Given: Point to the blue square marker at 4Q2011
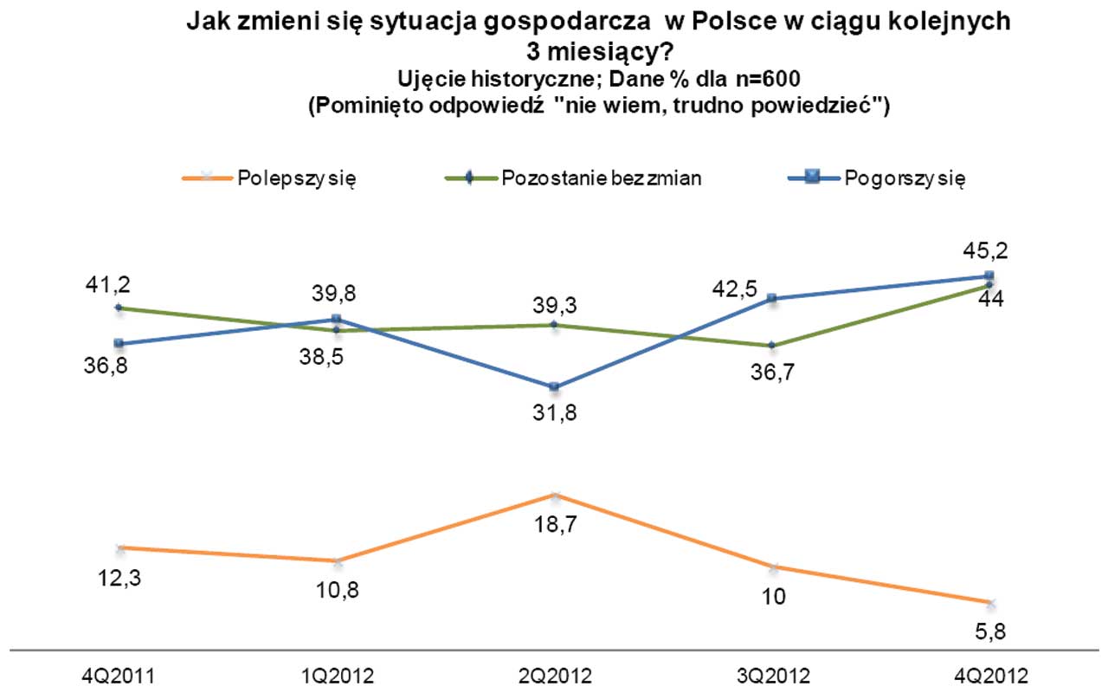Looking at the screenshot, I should tap(119, 344).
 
